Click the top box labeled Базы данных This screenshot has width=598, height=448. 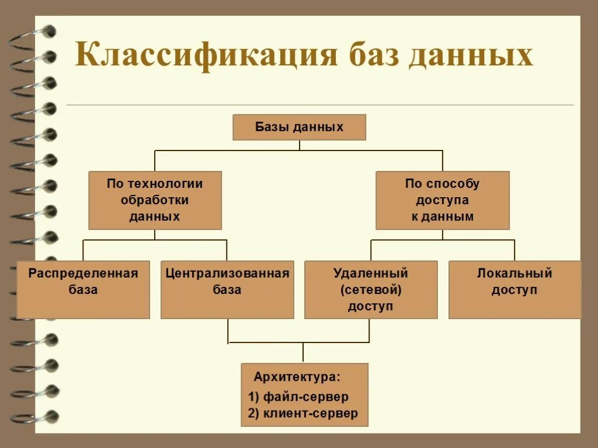click(x=299, y=127)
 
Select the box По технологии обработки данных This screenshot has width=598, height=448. click(x=155, y=200)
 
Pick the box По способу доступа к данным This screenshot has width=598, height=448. click(x=442, y=200)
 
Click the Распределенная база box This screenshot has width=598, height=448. click(x=83, y=289)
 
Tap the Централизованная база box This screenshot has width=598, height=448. click(x=227, y=289)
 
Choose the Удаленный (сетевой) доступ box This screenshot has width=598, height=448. click(x=371, y=289)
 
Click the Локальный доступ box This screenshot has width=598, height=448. click(x=514, y=289)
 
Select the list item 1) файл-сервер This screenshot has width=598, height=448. click(x=298, y=397)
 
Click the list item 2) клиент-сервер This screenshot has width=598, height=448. click(x=303, y=414)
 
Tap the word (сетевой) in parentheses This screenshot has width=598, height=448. click(x=371, y=290)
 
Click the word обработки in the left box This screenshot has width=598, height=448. click(x=155, y=200)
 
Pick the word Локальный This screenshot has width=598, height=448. click(x=514, y=274)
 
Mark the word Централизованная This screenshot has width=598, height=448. click(x=227, y=274)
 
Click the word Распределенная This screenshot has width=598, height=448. click(x=83, y=274)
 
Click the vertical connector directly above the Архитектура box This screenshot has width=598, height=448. click(x=303, y=353)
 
